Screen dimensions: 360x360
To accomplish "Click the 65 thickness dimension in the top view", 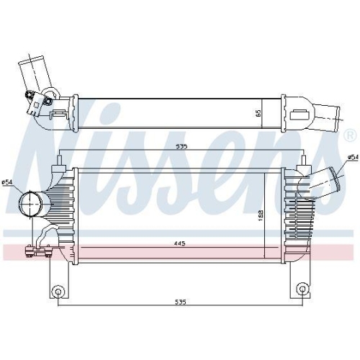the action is pos(258,113).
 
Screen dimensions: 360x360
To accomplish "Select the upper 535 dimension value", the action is pos(181,147).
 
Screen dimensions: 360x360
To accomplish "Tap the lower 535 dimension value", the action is pos(180,302).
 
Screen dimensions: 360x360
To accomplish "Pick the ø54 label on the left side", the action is pos(6,182).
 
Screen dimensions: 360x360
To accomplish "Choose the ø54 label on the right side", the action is pos(353,157).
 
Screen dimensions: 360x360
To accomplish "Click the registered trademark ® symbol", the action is pos(350,136).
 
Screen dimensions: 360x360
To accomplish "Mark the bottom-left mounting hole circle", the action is pos(58,291).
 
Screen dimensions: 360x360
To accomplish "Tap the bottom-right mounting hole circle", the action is pos(302,290).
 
